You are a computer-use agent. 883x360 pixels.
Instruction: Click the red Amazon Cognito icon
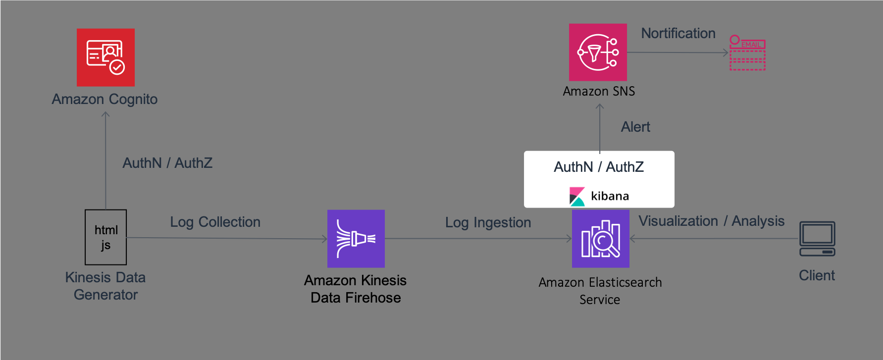tap(105, 57)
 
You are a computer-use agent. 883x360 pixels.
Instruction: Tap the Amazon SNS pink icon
tap(598, 52)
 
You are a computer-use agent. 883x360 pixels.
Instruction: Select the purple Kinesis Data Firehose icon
tap(356, 239)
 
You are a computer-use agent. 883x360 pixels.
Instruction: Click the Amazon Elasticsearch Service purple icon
tap(601, 239)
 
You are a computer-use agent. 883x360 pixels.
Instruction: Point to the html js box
tap(106, 237)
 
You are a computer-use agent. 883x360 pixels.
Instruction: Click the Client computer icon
tap(817, 239)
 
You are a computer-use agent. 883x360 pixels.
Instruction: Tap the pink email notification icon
tap(748, 52)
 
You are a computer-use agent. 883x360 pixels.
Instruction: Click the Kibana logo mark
tap(577, 196)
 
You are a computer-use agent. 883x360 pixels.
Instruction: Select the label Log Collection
tap(215, 222)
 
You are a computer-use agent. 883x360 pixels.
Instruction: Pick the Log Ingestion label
tap(488, 222)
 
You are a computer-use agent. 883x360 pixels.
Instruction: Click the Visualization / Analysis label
tap(712, 221)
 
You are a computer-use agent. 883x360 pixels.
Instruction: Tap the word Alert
tap(635, 127)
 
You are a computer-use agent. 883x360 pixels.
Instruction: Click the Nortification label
tap(678, 33)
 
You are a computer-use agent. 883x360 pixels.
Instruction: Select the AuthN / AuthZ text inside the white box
tap(599, 167)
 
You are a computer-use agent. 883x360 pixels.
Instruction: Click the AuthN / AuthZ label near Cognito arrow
tap(167, 163)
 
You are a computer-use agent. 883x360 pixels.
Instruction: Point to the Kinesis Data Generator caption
tap(105, 286)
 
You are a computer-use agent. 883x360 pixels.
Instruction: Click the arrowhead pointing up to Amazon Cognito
tap(105, 114)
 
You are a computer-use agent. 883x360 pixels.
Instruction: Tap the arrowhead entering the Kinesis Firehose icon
tap(324, 239)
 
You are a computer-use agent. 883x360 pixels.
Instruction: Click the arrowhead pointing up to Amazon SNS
tap(600, 106)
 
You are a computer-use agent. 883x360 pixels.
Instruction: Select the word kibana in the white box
tap(610, 196)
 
